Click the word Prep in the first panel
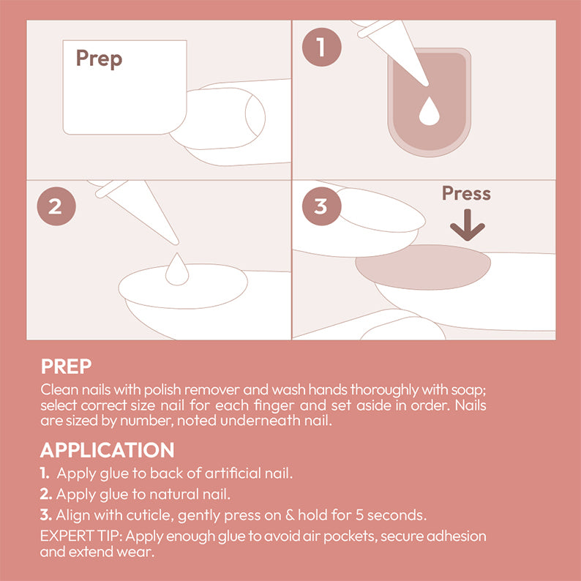[99, 59]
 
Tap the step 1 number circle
[321, 48]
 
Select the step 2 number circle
[56, 206]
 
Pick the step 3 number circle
[321, 206]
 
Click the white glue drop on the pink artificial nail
[427, 111]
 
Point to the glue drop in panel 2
[176, 269]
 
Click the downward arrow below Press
[467, 227]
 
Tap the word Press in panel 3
[466, 194]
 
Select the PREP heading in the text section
[66, 366]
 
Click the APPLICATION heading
[107, 450]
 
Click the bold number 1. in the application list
[45, 473]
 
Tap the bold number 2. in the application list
[46, 494]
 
